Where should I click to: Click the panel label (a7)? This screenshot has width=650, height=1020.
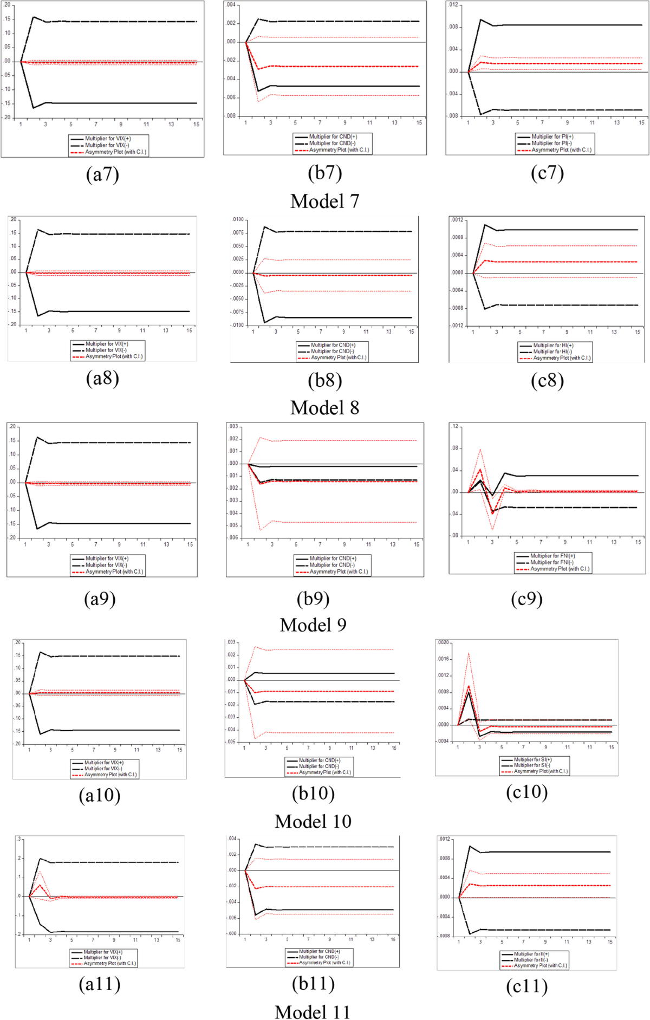pyautogui.click(x=102, y=174)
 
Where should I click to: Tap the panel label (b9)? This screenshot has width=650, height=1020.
pyautogui.click(x=313, y=599)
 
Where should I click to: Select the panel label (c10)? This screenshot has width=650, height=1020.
pyautogui.click(x=526, y=792)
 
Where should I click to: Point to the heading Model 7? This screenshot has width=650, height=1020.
pyautogui.click(x=324, y=202)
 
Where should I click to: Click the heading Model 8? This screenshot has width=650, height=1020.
pyautogui.click(x=324, y=408)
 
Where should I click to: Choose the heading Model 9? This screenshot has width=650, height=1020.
pyautogui.click(x=313, y=625)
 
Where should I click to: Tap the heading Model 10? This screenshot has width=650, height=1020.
pyautogui.click(x=313, y=821)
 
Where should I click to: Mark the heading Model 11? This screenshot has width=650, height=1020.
pyautogui.click(x=313, y=1012)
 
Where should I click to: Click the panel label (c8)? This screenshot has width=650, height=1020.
pyautogui.click(x=547, y=381)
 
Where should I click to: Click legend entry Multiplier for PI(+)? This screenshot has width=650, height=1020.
pyautogui.click(x=552, y=137)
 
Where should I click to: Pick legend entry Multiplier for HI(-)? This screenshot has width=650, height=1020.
pyautogui.click(x=552, y=352)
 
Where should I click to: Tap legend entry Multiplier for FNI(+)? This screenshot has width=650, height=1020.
pyautogui.click(x=552, y=556)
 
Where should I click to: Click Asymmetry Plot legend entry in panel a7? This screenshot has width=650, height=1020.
pyautogui.click(x=115, y=152)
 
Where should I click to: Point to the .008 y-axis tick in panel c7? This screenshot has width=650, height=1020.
pyautogui.click(x=453, y=27)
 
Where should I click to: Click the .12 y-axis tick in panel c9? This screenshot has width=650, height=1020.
pyautogui.click(x=454, y=427)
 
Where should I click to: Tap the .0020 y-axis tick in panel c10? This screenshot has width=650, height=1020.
pyautogui.click(x=443, y=642)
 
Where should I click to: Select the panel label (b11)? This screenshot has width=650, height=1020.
pyautogui.click(x=313, y=984)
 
